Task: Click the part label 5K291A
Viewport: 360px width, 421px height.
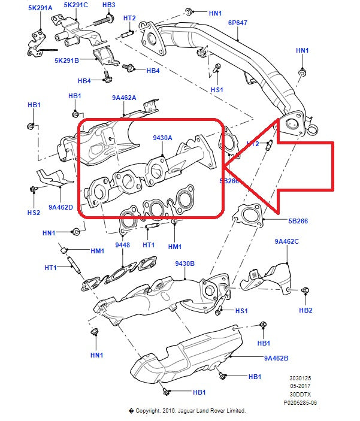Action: point(40,8)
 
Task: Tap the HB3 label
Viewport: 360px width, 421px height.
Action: point(108,5)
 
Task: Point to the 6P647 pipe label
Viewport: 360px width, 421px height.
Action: point(238,22)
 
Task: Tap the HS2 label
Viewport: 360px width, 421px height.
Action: point(33,212)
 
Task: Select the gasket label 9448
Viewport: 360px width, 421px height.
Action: point(122,245)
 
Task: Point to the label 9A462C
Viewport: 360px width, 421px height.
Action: point(287,241)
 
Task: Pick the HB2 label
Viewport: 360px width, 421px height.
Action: point(305,310)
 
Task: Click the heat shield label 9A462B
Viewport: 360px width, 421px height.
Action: point(276,358)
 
